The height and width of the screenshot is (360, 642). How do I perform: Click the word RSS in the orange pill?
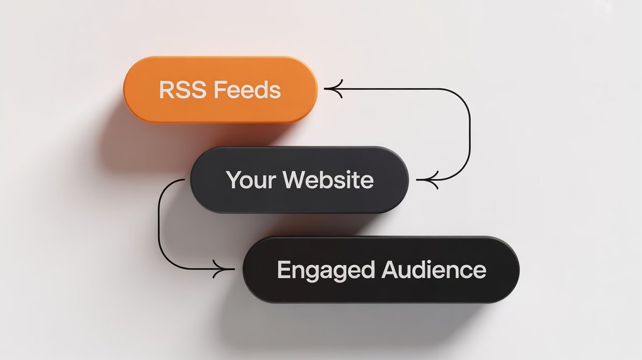pyautogui.click(x=181, y=90)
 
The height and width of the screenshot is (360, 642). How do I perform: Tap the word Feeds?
pyautogui.click(x=247, y=90)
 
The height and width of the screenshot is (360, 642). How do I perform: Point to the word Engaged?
pyautogui.click(x=325, y=270)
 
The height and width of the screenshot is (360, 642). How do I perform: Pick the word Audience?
pyautogui.click(x=433, y=270)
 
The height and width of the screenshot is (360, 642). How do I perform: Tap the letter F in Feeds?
pyautogui.click(x=219, y=90)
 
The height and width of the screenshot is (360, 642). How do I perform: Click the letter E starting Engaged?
pyautogui.click(x=283, y=270)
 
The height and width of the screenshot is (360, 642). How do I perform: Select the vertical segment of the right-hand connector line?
pyautogui.click(x=470, y=134)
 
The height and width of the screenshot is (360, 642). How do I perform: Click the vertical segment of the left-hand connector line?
pyautogui.click(x=159, y=225)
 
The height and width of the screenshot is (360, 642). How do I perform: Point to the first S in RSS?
pyautogui.click(x=182, y=90)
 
